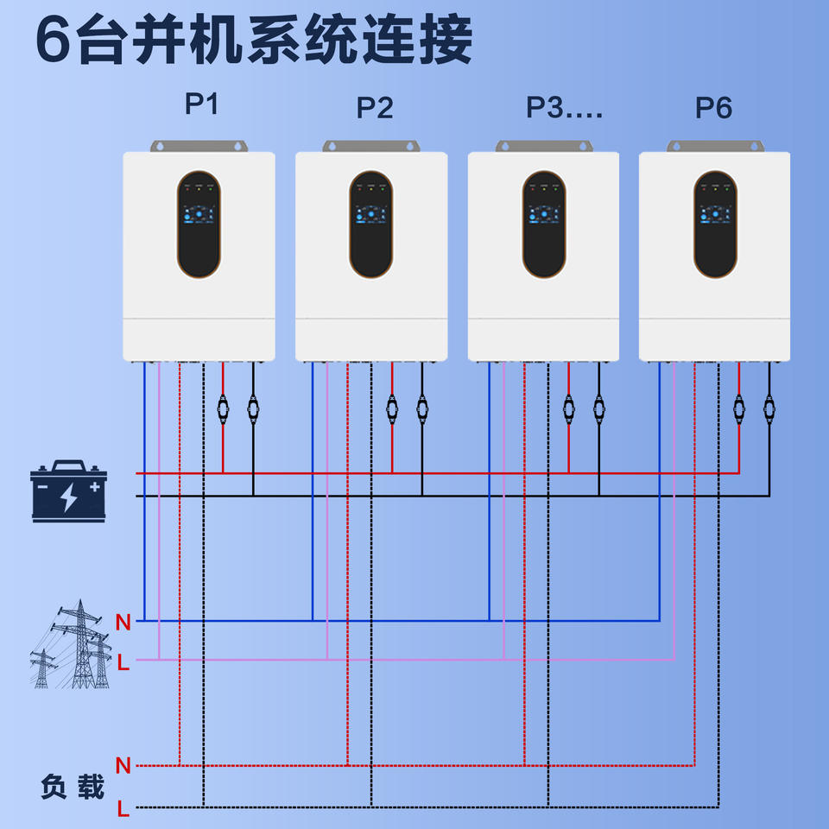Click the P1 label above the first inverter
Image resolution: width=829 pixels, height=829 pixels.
202,104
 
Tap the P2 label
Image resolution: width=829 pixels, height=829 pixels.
375,108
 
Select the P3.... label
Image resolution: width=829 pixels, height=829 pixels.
564,108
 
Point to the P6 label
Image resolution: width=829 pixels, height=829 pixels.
713,108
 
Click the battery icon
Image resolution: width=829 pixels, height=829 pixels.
68,491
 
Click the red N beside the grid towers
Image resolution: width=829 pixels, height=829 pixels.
123,621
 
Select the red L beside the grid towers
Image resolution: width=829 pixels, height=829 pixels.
123,662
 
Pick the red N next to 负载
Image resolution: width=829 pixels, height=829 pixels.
123,765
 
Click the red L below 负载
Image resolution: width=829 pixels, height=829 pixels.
123,809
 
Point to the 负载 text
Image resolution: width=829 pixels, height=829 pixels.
73,787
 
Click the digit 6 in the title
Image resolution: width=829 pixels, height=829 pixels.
54,41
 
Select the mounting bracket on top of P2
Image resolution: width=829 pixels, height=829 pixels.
371,146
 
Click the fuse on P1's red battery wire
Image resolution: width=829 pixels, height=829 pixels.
223,406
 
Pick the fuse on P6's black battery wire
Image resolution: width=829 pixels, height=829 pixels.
769,406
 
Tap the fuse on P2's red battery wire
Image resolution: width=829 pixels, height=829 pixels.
392,406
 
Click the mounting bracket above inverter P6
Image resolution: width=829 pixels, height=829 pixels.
715,146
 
